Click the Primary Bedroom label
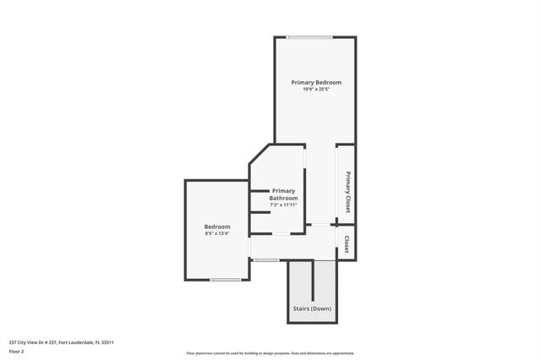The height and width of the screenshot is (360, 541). [x=316, y=82]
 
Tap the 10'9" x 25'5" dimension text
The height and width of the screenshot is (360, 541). [x=316, y=89]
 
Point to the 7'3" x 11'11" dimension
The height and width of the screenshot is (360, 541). [x=283, y=205]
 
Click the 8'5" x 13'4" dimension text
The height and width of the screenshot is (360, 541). [x=217, y=233]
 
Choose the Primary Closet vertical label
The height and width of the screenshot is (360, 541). [x=347, y=192]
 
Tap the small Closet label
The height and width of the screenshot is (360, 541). [x=347, y=244]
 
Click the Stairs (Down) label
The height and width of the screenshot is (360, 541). [x=313, y=308]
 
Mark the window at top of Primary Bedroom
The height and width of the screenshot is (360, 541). [x=309, y=36]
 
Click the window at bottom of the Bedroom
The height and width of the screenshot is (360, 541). [x=226, y=280]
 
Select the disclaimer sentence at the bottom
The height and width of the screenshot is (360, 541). [x=270, y=353]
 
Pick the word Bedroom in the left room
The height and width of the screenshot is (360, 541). [x=217, y=226]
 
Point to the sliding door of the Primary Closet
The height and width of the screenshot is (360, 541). [x=337, y=183]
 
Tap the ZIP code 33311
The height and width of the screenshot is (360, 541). [x=107, y=342]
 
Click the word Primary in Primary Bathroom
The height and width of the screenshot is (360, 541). [x=283, y=191]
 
